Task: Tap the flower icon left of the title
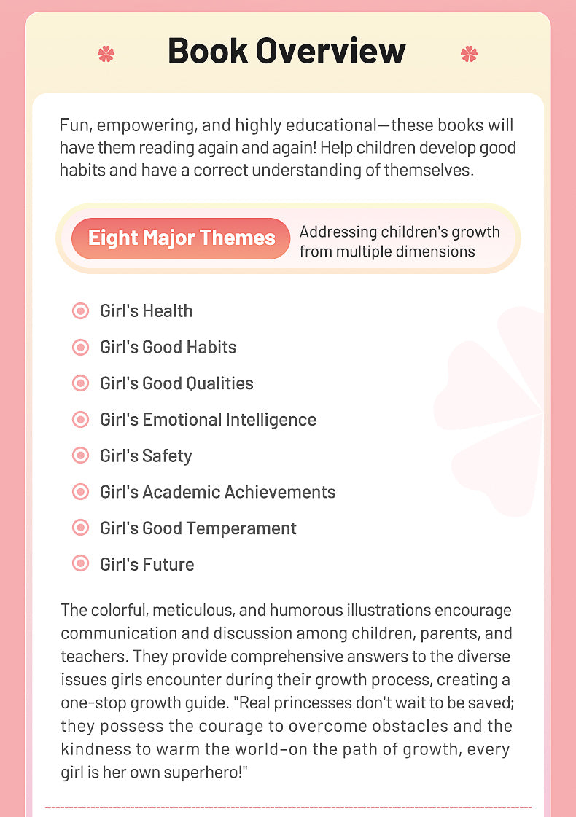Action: click(x=106, y=53)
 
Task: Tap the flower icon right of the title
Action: click(x=469, y=53)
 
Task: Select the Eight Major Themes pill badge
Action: click(x=181, y=238)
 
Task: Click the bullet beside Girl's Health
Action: click(x=80, y=311)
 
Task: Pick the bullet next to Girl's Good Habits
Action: click(x=80, y=347)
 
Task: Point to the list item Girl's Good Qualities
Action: click(x=176, y=383)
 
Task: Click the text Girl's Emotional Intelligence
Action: click(x=208, y=420)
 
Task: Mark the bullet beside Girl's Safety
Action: click(x=80, y=456)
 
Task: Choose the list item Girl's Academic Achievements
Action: click(x=217, y=492)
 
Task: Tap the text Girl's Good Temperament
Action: click(x=198, y=528)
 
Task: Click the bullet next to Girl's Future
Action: click(x=80, y=564)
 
